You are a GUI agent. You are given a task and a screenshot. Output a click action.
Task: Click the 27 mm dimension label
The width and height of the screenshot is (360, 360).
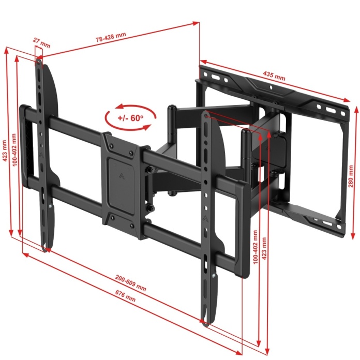click(x=41, y=43)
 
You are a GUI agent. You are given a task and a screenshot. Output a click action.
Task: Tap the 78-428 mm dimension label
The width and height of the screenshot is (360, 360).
click(x=111, y=37)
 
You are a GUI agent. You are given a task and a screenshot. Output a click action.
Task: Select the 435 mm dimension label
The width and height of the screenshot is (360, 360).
click(x=274, y=76)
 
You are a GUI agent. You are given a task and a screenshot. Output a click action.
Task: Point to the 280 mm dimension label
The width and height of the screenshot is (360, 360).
click(x=351, y=176)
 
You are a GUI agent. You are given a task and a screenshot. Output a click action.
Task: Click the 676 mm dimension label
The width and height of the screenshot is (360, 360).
click(x=125, y=296)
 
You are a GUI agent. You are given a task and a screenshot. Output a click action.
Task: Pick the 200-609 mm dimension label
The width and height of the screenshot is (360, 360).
click(x=130, y=283)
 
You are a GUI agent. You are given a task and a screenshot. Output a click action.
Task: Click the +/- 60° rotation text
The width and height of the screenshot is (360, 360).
click(x=130, y=118)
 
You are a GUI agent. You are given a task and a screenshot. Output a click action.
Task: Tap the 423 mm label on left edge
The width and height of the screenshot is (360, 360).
click(x=5, y=151)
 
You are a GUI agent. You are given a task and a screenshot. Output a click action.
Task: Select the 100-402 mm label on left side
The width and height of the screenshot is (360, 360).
click(x=14, y=149)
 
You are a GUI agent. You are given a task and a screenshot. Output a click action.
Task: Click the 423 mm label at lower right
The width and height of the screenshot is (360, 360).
click(x=264, y=248)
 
